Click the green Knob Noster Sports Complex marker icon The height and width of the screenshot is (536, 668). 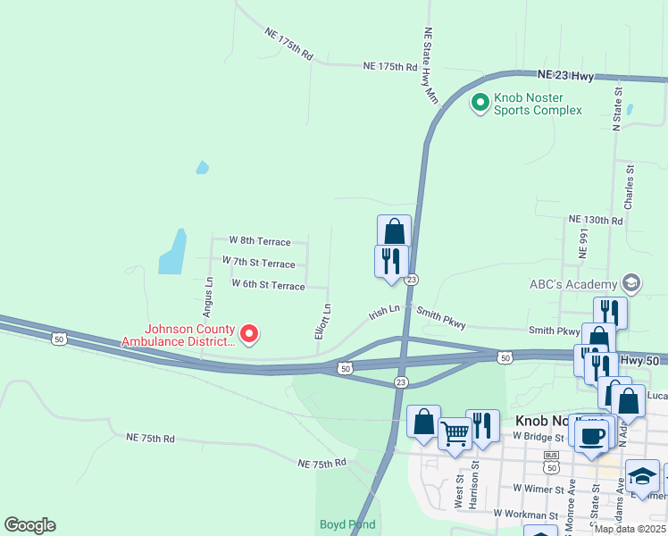(x=480, y=104)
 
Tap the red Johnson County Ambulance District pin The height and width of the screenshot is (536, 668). (x=249, y=334)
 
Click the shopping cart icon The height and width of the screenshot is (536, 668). (x=455, y=435)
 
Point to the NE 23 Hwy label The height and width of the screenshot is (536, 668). (x=566, y=77)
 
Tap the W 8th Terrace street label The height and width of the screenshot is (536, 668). (x=260, y=241)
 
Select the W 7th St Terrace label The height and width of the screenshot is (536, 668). (x=259, y=263)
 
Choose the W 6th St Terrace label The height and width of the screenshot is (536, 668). (x=268, y=284)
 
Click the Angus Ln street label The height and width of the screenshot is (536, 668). (x=207, y=297)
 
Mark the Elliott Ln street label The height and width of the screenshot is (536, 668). (x=327, y=320)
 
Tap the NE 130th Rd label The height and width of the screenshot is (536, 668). (x=595, y=220)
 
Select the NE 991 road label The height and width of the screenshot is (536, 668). (x=584, y=242)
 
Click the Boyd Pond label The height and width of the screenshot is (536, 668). (x=347, y=524)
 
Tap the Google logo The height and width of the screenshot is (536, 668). (x=29, y=525)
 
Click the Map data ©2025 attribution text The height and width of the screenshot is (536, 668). (x=629, y=529)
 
